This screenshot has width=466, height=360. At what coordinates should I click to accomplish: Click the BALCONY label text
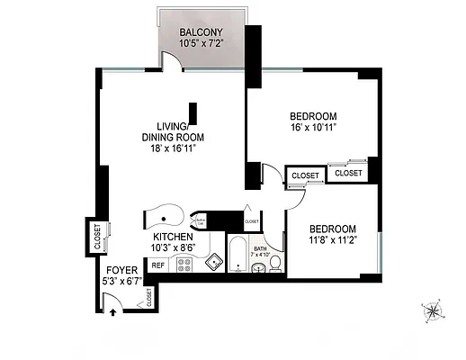(x=202, y=33)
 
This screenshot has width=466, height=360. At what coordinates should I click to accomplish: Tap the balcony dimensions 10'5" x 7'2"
(x=202, y=43)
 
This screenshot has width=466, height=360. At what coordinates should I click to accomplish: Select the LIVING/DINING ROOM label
(x=172, y=131)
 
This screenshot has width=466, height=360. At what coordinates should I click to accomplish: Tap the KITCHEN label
(x=173, y=238)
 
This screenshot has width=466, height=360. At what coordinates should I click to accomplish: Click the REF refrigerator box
(x=157, y=265)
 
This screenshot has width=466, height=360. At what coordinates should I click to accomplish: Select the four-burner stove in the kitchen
(x=184, y=265)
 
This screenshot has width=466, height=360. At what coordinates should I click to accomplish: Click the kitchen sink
(x=213, y=263)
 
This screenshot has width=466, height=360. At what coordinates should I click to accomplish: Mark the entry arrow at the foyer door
(x=111, y=312)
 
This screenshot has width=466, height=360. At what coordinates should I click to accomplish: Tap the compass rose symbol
(x=433, y=311)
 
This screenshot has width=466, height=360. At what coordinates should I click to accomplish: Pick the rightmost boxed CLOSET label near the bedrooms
(x=348, y=172)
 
